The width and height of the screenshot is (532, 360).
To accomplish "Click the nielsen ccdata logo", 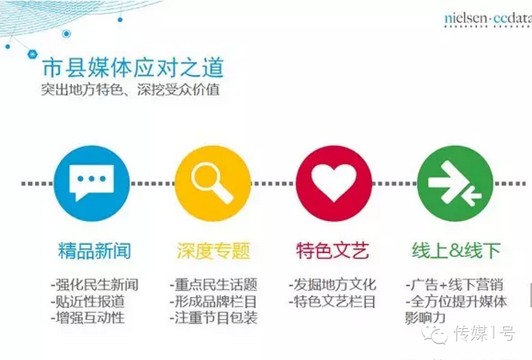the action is tap(488, 19).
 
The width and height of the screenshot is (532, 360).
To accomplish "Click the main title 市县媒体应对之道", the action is tap(133, 68).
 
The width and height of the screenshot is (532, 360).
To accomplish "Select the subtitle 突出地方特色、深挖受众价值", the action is tap(131, 90).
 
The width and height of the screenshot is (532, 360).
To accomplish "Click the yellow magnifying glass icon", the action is tap(212, 183).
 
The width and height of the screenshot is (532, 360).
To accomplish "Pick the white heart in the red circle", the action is tap(334, 182).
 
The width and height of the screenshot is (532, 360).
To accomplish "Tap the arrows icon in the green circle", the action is tap(455, 183).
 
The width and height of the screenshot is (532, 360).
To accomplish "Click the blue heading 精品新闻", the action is tap(95, 251).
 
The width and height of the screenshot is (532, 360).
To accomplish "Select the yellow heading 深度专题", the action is tap(213, 251).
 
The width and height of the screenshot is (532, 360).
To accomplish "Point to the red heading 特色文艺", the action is tap(332, 251).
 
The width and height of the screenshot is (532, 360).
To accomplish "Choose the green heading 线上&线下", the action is tap(456, 251).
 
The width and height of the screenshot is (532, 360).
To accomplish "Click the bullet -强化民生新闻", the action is tap(95, 285).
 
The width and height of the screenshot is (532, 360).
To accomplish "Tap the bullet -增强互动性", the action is tap(88, 318).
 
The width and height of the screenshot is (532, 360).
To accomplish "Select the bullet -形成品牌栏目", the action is tap(213, 302).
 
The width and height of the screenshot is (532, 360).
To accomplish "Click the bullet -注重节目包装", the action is tap(213, 318).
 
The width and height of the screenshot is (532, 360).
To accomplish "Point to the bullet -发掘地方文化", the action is tap(332, 285).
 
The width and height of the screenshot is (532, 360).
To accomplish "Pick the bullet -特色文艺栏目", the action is tap(332, 302).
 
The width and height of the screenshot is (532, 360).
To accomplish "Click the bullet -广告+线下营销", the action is tap(455, 285).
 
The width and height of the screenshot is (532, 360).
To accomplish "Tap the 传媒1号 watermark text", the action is tap(485, 334).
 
